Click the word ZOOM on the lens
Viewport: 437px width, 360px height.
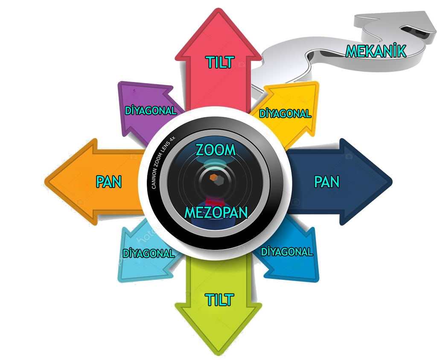[216, 150]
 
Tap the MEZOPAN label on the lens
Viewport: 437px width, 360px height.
[216, 212]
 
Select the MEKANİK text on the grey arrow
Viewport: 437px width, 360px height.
[375, 51]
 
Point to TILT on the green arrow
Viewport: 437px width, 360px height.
[219, 300]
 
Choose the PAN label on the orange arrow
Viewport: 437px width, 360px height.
[109, 182]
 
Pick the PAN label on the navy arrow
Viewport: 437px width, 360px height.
[326, 182]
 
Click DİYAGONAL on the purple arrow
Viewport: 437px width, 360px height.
[150, 110]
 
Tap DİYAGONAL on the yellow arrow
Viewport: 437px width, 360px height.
[286, 114]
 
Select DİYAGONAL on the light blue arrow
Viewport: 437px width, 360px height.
[149, 253]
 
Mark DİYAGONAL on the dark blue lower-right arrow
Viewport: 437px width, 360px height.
[287, 252]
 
